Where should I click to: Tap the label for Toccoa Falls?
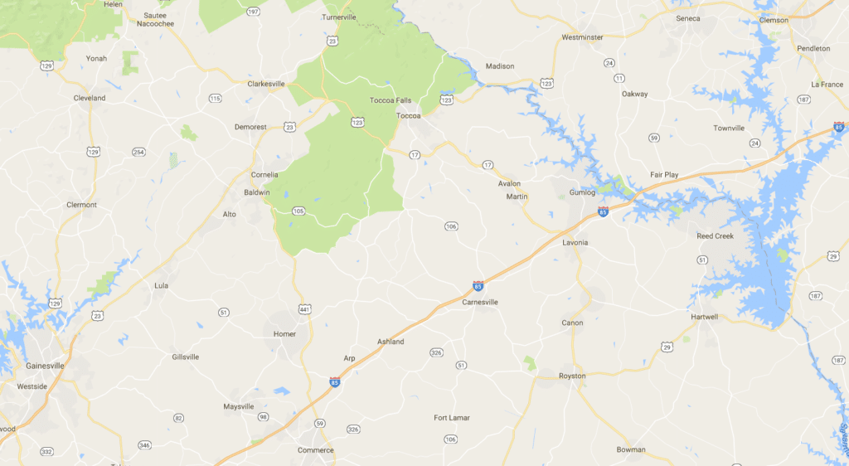click(x=390, y=100)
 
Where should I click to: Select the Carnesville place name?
click(x=480, y=303)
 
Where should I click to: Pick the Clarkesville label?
click(x=266, y=84)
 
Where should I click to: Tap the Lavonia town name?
click(x=575, y=242)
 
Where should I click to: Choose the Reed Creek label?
click(x=716, y=236)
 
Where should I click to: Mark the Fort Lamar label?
click(x=452, y=418)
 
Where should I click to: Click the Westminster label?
click(x=581, y=37)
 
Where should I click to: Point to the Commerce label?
click(x=315, y=450)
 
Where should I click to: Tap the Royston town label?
click(x=572, y=376)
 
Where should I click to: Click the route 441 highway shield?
click(x=306, y=308)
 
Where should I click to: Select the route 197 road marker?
click(x=253, y=12)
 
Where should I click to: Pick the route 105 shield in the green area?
click(x=298, y=211)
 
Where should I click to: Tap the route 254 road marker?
click(x=138, y=152)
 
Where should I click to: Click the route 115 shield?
click(x=216, y=99)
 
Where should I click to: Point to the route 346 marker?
click(x=145, y=445)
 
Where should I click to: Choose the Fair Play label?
click(x=664, y=175)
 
